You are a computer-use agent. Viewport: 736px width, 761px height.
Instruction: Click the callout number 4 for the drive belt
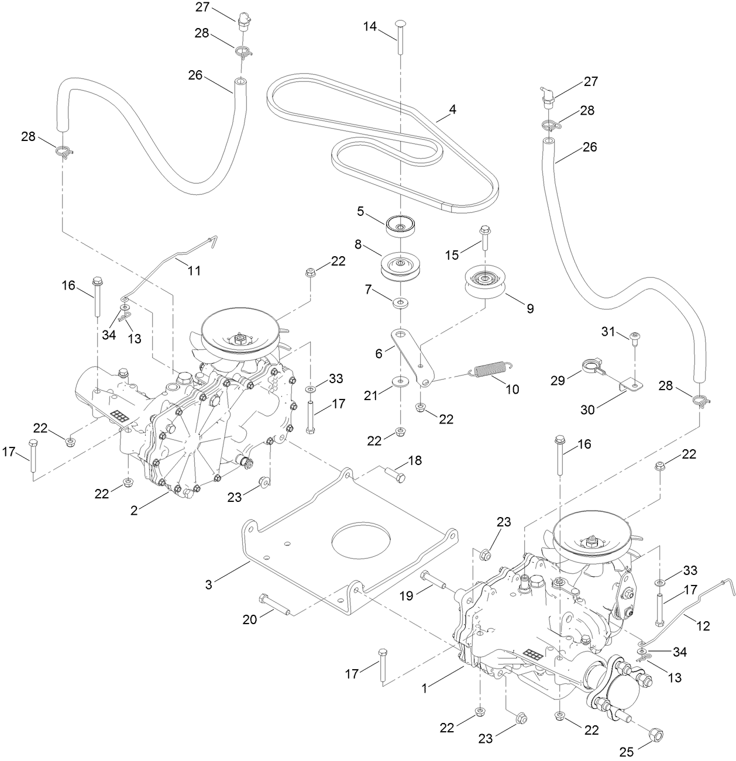[452, 109]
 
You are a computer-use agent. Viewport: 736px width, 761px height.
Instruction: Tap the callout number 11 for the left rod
[194, 271]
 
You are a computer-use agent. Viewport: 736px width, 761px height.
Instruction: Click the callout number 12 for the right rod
[703, 626]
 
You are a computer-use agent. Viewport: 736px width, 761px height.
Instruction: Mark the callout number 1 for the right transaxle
[424, 688]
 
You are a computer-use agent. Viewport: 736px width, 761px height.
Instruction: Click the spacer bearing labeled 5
[400, 226]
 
